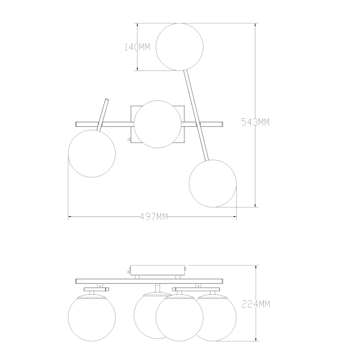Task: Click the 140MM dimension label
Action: point(137,47)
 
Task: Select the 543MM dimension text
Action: point(255,122)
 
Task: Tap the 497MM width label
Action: point(153,216)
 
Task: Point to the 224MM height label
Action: point(256,304)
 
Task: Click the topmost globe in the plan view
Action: point(179,47)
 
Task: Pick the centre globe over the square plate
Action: point(157,124)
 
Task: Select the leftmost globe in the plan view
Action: point(92,153)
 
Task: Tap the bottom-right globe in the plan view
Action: point(212,184)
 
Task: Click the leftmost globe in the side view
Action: point(92,318)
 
